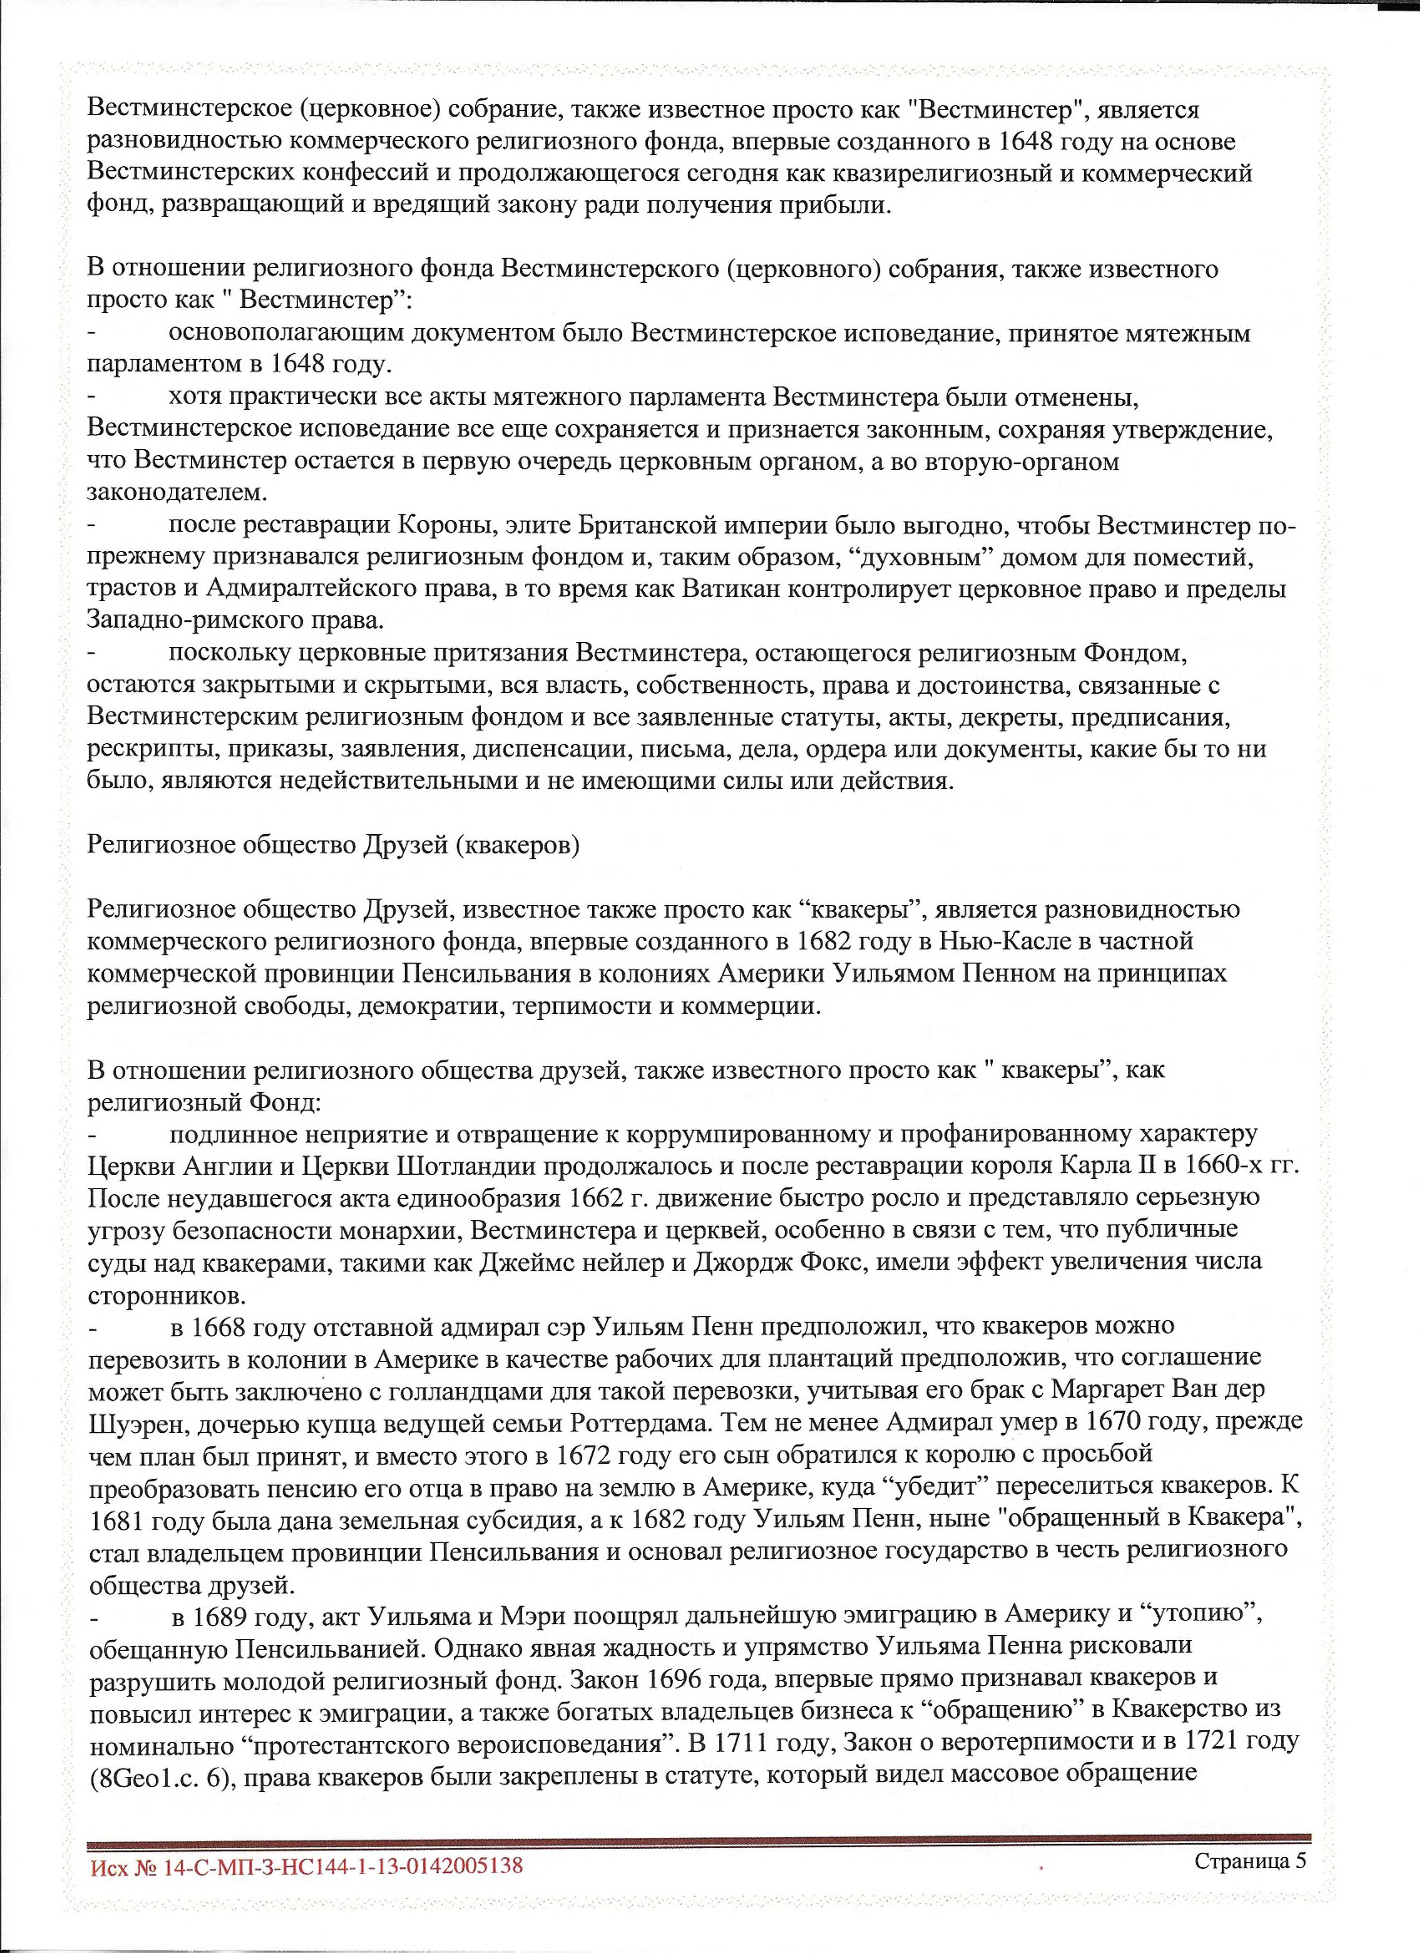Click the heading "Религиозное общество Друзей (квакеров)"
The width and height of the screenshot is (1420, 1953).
[x=333, y=845]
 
